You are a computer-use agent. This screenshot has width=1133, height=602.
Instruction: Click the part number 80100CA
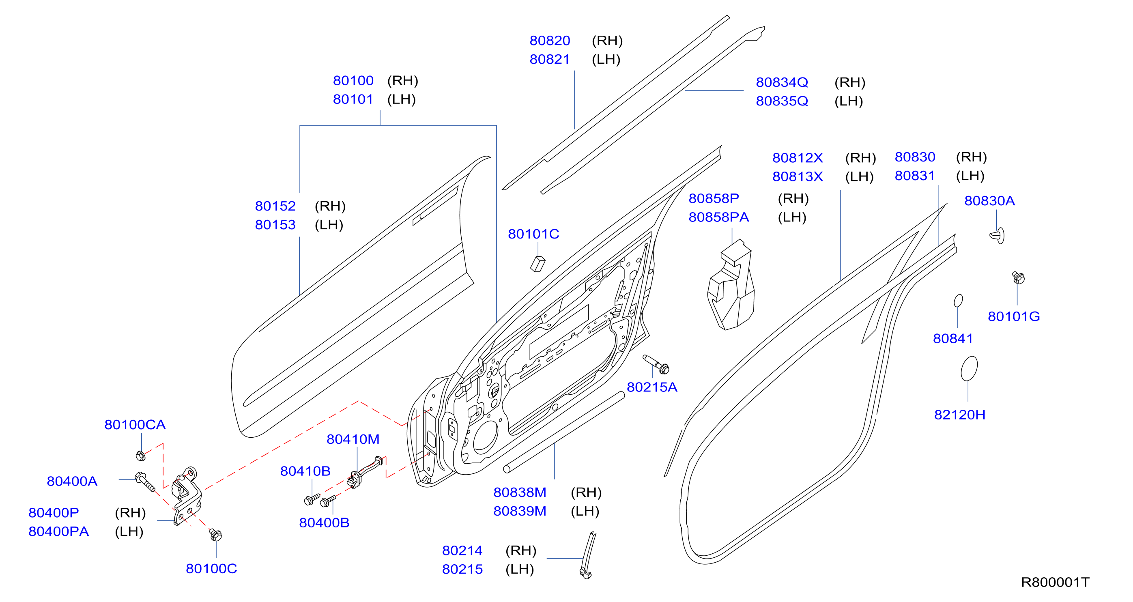coord(135,425)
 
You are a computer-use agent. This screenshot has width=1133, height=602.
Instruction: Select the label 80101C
coord(533,234)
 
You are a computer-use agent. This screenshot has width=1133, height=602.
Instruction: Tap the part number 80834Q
coord(782,82)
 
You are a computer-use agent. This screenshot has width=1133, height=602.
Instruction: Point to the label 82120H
coord(960,415)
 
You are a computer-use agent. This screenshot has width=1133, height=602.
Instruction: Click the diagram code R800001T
coord(1055,582)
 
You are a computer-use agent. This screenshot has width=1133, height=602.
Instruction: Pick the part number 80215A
coord(652,387)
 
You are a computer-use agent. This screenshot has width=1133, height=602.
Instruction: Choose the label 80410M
coord(353,439)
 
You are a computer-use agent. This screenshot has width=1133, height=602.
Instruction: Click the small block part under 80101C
coord(537,264)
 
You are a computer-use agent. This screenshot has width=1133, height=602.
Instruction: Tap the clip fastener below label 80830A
coord(998,236)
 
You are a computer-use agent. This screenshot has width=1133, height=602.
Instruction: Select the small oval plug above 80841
coord(959,300)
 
